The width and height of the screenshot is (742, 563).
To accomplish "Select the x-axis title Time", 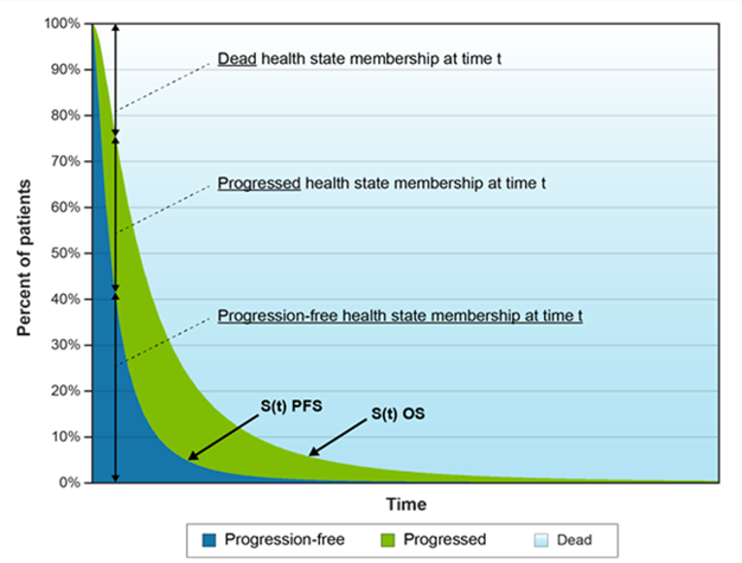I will click(405, 505).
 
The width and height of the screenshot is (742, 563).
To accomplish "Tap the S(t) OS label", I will click(399, 414).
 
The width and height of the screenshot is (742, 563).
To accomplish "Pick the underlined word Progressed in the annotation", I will click(259, 182).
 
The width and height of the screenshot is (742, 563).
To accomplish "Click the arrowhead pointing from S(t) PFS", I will click(192, 456).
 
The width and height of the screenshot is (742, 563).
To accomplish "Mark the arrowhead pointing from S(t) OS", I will click(312, 451).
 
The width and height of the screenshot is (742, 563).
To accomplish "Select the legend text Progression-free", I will click(284, 539).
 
